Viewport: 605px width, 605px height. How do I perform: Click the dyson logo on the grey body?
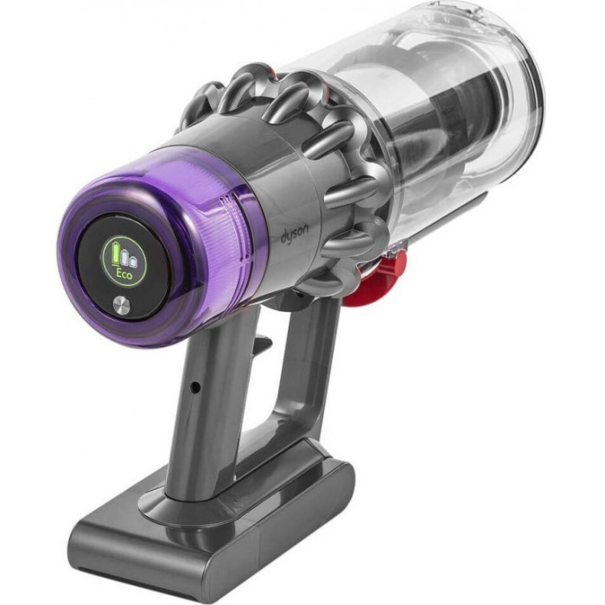tap(295, 234)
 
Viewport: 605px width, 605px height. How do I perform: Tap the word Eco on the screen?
tap(124, 275)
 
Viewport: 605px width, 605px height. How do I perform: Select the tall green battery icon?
tap(115, 252)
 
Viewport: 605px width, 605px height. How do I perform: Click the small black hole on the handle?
tap(196, 385)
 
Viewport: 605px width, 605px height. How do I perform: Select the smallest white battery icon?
tap(133, 262)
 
